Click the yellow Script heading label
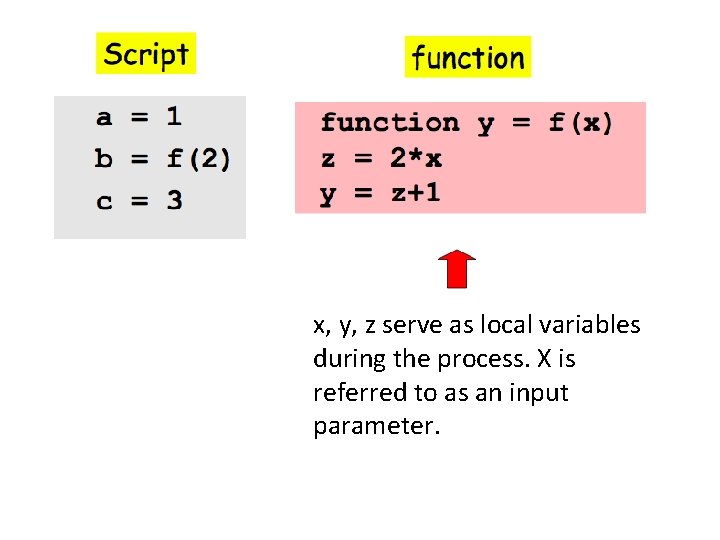pos(146,54)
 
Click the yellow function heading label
pos(467,58)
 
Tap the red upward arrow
pos(456,268)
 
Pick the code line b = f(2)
pos(163,158)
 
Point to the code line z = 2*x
pos(381,158)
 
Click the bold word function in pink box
pos(390,123)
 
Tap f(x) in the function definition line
pos(581,123)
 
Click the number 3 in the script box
pos(174,200)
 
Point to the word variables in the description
pos(591,325)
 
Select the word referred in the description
pos(350,393)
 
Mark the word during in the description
pos(346,359)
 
